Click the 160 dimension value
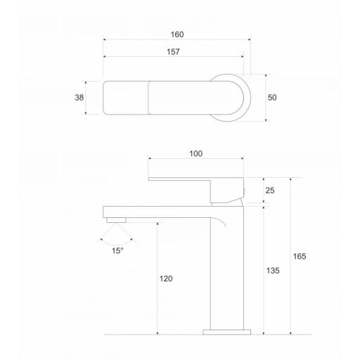tap(177, 34)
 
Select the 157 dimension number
tap(173, 51)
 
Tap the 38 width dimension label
tap(79, 98)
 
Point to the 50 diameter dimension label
tap(272, 98)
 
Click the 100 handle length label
tap(196, 154)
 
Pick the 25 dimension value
tap(270, 191)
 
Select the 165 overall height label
tap(300, 257)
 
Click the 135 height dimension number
tap(273, 271)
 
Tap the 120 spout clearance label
tap(166, 278)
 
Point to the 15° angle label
tap(117, 251)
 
